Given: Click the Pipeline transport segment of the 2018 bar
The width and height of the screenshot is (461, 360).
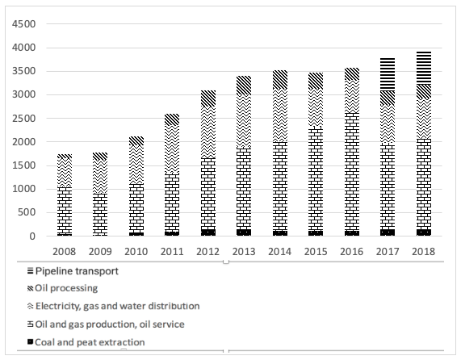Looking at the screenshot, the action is [x=424, y=68].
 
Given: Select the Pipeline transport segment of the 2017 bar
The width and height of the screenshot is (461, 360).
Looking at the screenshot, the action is [x=388, y=74].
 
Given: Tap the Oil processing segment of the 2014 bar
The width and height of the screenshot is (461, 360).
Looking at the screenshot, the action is [x=280, y=80].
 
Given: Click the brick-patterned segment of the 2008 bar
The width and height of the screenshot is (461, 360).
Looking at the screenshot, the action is [x=65, y=211].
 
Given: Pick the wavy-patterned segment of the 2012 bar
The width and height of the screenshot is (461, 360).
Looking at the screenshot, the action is [x=208, y=132].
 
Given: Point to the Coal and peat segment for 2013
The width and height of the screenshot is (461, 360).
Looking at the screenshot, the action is [x=244, y=232].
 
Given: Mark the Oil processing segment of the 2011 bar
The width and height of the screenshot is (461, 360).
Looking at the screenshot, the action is [x=172, y=120].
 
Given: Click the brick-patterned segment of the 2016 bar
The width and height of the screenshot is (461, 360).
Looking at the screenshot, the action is [x=352, y=172].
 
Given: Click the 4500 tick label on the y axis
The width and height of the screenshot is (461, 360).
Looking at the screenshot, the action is [x=23, y=24].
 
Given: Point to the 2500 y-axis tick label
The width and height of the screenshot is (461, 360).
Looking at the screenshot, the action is [x=23, y=119].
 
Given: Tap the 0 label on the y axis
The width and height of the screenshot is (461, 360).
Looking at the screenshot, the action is [x=32, y=237].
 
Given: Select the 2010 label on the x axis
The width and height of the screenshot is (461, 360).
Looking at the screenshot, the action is [x=136, y=252].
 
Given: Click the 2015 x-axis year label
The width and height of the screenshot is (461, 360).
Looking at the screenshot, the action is [x=316, y=252].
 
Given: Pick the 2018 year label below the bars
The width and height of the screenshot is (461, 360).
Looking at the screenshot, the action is [x=423, y=252].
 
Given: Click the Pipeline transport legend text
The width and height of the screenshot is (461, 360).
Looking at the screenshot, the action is [x=77, y=271].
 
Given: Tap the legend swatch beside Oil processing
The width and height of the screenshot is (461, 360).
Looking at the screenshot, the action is [x=31, y=289].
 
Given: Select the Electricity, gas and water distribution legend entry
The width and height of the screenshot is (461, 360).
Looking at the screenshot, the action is [x=114, y=306].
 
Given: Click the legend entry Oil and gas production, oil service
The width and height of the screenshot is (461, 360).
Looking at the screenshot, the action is [x=106, y=324].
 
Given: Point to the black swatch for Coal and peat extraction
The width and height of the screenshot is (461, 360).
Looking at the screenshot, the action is [x=31, y=341].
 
